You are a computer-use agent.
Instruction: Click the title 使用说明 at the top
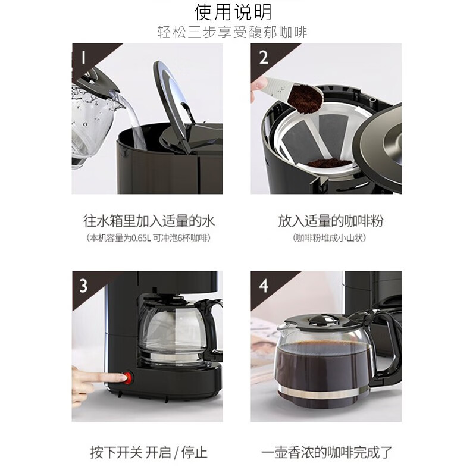tap(233, 12)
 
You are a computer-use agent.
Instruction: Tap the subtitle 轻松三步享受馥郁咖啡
tap(233, 32)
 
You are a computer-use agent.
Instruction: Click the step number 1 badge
tap(83, 57)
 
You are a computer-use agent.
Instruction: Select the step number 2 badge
tap(263, 58)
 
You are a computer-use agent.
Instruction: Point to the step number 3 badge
tap(83, 286)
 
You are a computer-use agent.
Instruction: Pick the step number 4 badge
tap(263, 286)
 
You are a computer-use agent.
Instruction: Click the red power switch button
tap(129, 378)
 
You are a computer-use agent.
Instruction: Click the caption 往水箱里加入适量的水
tap(149, 221)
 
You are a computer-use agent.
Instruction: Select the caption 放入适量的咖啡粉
tap(331, 221)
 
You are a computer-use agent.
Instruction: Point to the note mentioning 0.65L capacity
tap(148, 238)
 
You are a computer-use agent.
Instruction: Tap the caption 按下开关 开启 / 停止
tap(149, 452)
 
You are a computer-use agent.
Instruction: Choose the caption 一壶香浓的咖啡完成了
tap(327, 452)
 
